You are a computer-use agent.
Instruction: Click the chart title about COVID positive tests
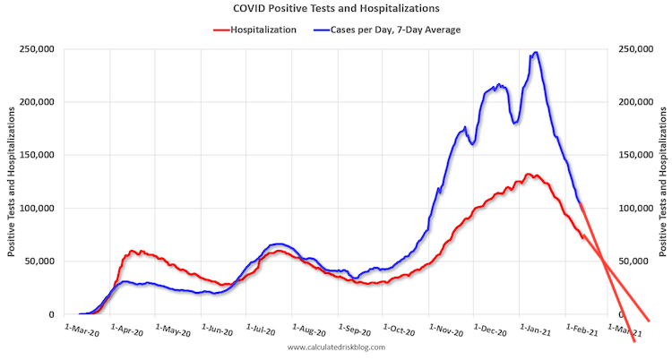coord(337,9)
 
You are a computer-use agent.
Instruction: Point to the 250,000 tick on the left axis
coord(36,48)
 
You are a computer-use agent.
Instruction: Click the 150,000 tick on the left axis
coord(36,155)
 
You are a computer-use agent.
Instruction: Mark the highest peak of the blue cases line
coord(535,53)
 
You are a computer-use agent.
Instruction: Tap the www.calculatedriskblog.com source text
coord(336,347)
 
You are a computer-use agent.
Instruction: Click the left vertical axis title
coord(12,181)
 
